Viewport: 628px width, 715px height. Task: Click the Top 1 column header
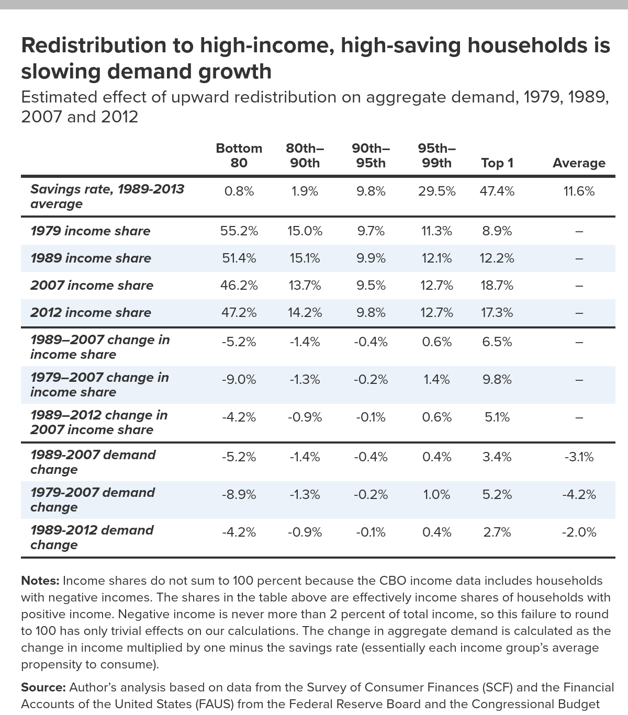click(x=497, y=163)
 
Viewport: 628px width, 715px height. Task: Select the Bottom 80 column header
click(x=239, y=155)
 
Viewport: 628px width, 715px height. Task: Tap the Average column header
click(x=579, y=163)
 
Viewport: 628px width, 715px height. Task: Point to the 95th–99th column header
click(x=436, y=155)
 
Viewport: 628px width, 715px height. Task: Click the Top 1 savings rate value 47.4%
click(x=497, y=191)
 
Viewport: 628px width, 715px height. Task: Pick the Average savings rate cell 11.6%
click(x=579, y=191)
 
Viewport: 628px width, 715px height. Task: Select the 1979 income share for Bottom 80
click(x=239, y=231)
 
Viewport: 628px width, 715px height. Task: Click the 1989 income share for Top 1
click(x=497, y=258)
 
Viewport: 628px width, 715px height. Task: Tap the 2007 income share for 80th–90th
click(x=305, y=285)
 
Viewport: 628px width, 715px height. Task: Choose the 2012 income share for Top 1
click(x=497, y=313)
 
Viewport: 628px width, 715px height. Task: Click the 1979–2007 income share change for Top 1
click(x=497, y=380)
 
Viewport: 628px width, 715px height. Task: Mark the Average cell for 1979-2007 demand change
click(x=579, y=495)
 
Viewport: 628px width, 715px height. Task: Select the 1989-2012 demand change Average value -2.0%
click(x=579, y=532)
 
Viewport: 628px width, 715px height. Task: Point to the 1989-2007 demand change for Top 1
click(x=497, y=457)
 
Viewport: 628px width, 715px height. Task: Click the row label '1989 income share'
click(x=91, y=258)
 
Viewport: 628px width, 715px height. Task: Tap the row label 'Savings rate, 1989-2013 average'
click(x=107, y=197)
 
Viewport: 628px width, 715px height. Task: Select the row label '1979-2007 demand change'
click(x=93, y=500)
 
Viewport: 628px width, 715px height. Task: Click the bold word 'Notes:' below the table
click(x=40, y=581)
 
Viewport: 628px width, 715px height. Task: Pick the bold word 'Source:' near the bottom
click(x=43, y=687)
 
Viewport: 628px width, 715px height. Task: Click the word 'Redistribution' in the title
click(x=94, y=46)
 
